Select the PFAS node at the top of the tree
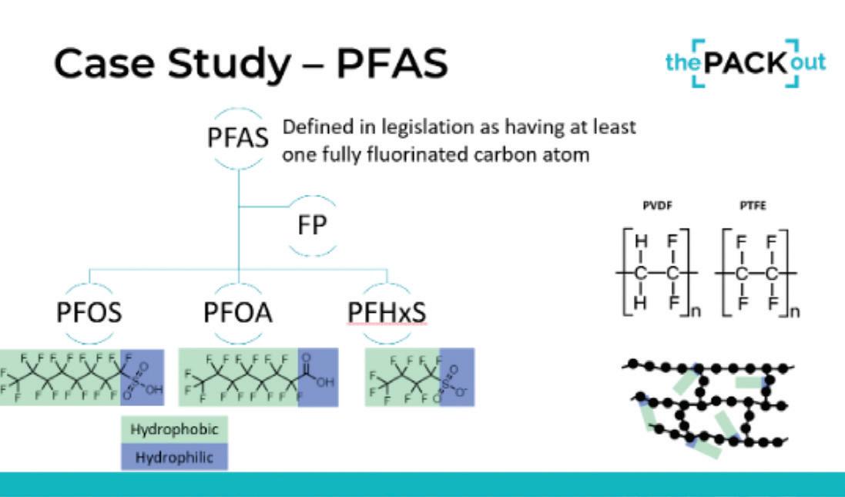[240, 139]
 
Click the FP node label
[312, 227]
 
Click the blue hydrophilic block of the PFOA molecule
[317, 377]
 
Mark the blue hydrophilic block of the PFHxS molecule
[457, 377]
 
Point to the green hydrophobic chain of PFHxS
[402, 377]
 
